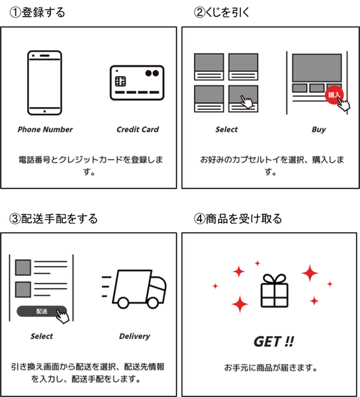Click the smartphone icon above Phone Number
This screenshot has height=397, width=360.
coord(44,83)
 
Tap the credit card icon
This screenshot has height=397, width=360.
coord(137,83)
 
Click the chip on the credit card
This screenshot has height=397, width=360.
coord(120,81)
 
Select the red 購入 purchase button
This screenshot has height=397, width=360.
coord(334,95)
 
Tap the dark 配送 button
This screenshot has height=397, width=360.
coord(42,311)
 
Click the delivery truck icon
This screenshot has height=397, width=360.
coord(134,289)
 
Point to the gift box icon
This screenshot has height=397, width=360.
coord(275,291)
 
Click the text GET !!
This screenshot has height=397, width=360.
coord(274,341)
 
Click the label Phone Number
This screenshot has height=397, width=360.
coord(45,130)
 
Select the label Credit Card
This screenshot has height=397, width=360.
coord(138,130)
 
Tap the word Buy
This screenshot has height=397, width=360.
coord(319,130)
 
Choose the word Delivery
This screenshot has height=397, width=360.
coord(134,336)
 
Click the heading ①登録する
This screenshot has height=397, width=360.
coord(37,13)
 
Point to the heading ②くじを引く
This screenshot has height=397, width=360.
coord(222,13)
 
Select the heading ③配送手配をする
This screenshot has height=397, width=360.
coord(53,219)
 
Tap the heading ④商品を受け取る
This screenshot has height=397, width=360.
coord(238,219)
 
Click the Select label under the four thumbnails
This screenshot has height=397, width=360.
coord(226,130)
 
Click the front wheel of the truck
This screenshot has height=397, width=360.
coord(153,302)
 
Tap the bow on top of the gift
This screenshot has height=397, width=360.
coord(275,279)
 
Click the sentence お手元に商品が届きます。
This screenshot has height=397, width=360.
coord(271,367)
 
